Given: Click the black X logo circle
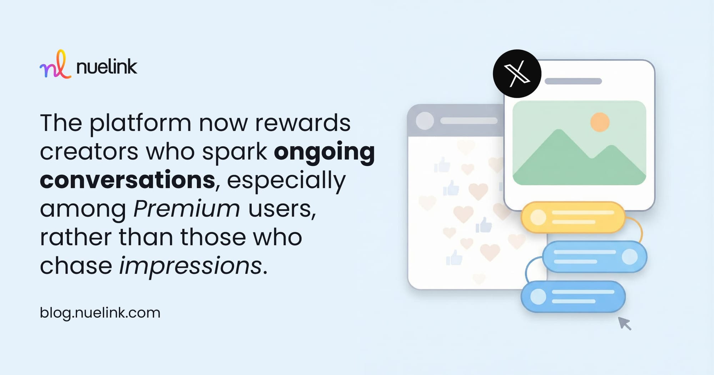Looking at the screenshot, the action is click(x=517, y=74).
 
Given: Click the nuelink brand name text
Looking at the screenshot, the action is click(x=107, y=66).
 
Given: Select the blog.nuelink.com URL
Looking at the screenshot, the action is click(x=100, y=313).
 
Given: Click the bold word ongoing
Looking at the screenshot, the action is click(x=324, y=152).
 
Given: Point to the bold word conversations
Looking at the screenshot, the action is click(x=128, y=179).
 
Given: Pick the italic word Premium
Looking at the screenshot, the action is click(x=186, y=208).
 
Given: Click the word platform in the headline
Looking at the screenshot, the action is click(x=140, y=124).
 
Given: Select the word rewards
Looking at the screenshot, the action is click(x=303, y=123).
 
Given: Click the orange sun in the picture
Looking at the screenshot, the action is click(x=600, y=122).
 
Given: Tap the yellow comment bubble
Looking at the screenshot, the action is click(x=573, y=217).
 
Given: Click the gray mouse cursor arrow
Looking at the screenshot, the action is click(x=624, y=323).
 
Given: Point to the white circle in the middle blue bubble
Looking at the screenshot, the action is click(x=629, y=257).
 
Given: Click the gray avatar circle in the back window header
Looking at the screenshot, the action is click(x=425, y=121).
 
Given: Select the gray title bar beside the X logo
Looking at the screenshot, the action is click(x=573, y=81).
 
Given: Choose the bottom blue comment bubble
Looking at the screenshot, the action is click(x=573, y=296).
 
